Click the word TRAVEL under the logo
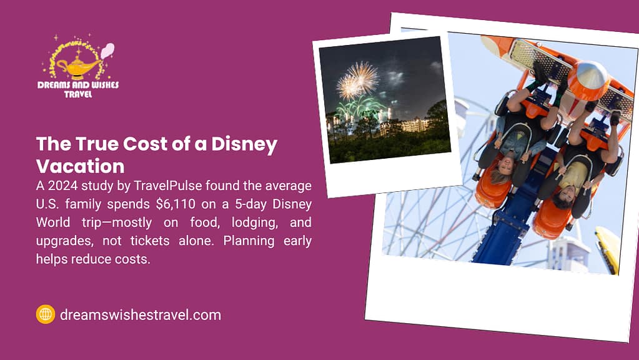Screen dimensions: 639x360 point(78,94)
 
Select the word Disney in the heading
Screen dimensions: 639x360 point(244,144)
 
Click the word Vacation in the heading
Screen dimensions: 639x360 point(81,166)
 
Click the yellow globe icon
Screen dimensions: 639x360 point(45,314)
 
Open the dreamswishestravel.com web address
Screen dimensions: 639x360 point(140,315)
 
